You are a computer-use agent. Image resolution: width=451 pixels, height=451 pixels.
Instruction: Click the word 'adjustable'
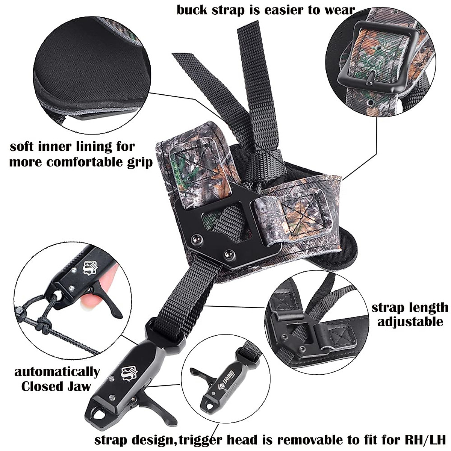point(410,322)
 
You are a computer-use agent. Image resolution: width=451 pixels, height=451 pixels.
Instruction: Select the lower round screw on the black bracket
point(227,254)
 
